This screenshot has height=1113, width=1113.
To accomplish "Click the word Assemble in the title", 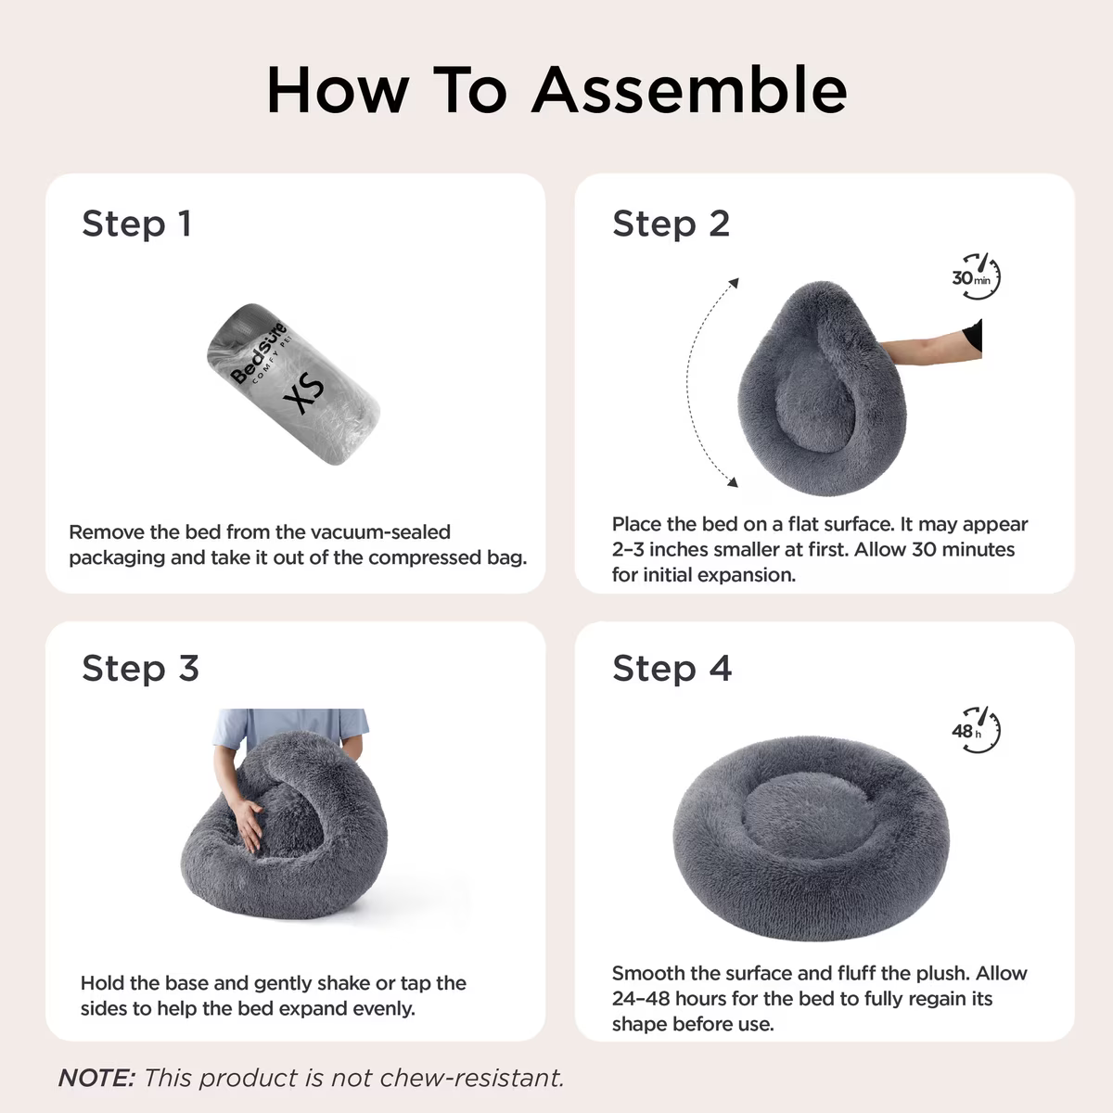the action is [689, 90].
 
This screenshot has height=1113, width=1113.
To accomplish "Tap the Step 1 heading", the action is [137, 224].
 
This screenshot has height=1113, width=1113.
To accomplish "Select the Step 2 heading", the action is [672, 224].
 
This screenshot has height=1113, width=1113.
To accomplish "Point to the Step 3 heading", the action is [140, 668].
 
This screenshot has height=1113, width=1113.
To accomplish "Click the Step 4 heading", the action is [672, 668].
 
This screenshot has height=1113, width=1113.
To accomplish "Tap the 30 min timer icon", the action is [977, 276].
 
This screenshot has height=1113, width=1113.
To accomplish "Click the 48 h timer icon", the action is [977, 730].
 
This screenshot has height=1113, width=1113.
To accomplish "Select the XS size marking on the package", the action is [304, 392].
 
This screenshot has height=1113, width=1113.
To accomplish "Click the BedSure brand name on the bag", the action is [258, 352].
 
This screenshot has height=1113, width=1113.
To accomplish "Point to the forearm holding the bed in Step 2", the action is [930, 345].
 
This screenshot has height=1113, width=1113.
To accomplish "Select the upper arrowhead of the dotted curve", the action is [734, 283].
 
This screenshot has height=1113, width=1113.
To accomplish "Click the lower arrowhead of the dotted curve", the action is [733, 481].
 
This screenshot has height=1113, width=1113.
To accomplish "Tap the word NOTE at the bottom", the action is [96, 1078].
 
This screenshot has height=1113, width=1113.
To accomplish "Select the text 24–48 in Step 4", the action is [641, 999].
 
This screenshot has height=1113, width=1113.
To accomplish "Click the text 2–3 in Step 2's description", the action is [628, 549].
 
